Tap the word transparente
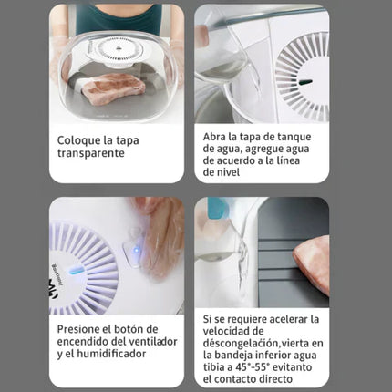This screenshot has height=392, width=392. tap(95, 154)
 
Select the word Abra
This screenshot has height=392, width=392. tap(215, 136)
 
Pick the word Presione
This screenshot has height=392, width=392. tap(83, 328)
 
